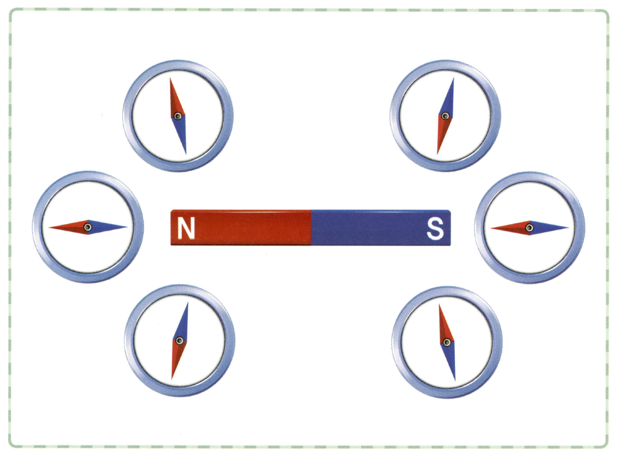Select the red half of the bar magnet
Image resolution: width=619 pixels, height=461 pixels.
pos(242,227)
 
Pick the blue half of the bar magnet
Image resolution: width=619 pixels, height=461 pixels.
pos(380,227)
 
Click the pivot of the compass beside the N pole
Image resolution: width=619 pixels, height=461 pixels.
pos(88,227)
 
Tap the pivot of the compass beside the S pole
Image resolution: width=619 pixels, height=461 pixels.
pos(529,227)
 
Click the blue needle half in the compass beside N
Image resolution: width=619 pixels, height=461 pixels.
pos(107,227)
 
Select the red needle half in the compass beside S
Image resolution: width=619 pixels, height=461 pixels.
pos(509,227)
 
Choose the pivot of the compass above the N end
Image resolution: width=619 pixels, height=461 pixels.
pos(177,116)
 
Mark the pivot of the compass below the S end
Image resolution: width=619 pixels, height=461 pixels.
pos(447,342)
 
